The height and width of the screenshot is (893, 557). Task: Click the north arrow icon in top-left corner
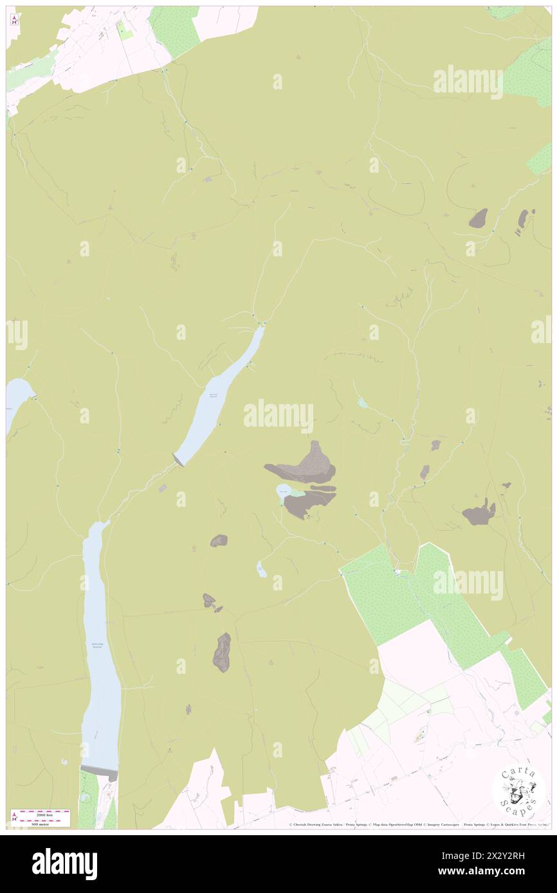coord(14,19)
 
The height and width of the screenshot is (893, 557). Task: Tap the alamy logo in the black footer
coord(64,863)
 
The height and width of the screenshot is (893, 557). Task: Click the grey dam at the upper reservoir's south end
coord(178,459)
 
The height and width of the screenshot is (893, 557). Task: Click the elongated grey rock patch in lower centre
coord(222,652)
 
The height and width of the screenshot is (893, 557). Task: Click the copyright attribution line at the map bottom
coord(418,824)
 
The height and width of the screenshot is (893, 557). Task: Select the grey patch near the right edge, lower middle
coord(479,513)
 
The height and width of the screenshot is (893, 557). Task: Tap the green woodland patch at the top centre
coord(174,29)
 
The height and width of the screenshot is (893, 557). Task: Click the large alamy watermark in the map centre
coord(278,416)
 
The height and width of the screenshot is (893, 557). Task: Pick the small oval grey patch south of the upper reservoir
coord(219,541)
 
